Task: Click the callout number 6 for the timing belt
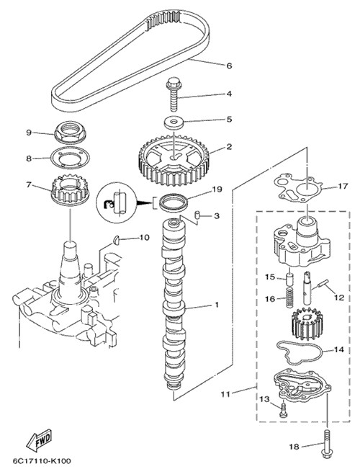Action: (229, 66)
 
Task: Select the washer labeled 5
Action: (174, 122)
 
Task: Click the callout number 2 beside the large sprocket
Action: (229, 147)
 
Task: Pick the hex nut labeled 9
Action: (70, 133)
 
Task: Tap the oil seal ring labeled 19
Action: (174, 202)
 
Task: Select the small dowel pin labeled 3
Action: (197, 215)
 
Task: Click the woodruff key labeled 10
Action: (116, 239)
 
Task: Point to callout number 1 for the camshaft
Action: (217, 305)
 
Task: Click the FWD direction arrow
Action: (39, 440)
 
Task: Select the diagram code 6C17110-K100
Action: (42, 461)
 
